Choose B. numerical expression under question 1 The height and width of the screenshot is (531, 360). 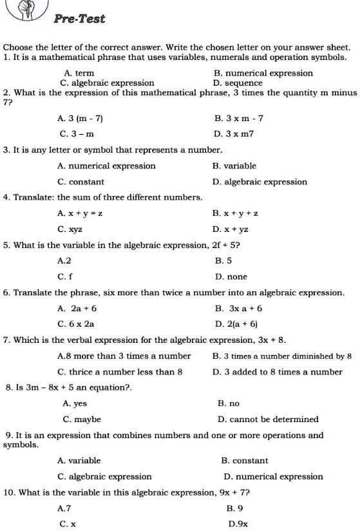point(263,73)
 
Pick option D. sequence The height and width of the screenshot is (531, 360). point(238,83)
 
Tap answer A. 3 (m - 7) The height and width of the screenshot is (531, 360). point(81,119)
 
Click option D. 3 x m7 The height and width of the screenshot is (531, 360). point(236,134)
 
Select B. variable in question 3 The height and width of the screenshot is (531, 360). point(234,166)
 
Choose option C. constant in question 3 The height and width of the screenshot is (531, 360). point(77,182)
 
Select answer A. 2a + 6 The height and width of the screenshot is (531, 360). point(77,309)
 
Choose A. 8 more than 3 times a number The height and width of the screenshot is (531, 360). point(124,356)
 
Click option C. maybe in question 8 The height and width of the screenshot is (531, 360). point(82,419)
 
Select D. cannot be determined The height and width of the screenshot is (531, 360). point(269,419)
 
